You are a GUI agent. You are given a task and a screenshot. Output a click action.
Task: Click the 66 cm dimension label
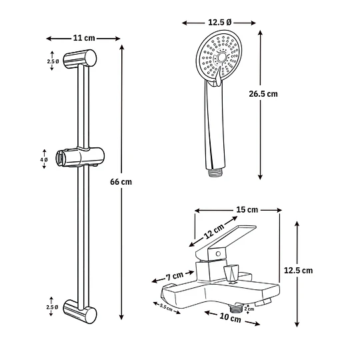[x=121, y=182]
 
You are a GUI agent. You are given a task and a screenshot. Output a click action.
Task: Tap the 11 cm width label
[x=84, y=38]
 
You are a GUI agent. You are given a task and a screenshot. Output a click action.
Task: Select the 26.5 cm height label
[x=263, y=94]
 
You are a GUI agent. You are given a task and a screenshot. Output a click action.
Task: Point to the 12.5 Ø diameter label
[x=219, y=22]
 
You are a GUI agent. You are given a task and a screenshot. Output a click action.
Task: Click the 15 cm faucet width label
[x=247, y=209]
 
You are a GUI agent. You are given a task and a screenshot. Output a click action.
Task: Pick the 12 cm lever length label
[x=214, y=231]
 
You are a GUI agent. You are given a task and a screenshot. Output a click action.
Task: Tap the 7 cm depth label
[x=175, y=276]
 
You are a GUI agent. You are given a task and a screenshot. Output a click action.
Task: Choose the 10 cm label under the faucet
[x=230, y=318]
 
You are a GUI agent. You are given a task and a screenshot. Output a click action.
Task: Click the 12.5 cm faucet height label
[x=298, y=271]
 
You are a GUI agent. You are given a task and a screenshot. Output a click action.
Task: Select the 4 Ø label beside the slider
[x=44, y=159]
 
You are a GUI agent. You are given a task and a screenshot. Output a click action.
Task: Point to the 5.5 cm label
[x=166, y=307]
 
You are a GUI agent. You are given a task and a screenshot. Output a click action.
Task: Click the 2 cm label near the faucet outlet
[x=249, y=309]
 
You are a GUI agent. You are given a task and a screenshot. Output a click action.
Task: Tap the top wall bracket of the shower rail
[x=80, y=59]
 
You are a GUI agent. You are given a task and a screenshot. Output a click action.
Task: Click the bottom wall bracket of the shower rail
[x=80, y=311]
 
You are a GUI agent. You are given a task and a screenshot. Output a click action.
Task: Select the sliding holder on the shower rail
[x=80, y=157]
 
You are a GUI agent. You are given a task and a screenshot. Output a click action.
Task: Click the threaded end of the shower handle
[x=215, y=173]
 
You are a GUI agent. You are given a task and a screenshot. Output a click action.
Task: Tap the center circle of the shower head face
[x=221, y=57]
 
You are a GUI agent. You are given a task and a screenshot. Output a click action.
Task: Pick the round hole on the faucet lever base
[x=219, y=254]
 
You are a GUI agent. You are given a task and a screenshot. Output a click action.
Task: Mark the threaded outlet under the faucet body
[x=236, y=309]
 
